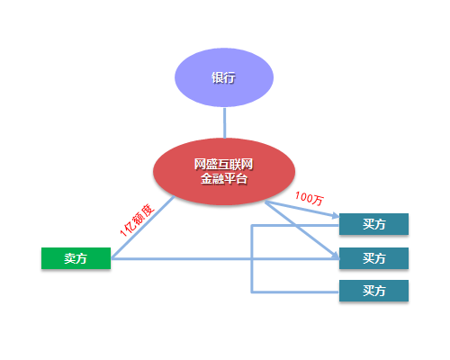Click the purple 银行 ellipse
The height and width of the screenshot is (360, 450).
click(224, 77)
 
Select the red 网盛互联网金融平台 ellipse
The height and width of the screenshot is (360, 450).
click(224, 171)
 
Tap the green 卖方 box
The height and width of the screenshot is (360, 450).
click(76, 258)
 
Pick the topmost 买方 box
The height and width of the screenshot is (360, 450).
click(373, 224)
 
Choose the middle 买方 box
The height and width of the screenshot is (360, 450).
click(373, 258)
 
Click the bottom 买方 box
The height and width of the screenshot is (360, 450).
click(373, 291)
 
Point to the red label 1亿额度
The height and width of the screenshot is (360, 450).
click(137, 220)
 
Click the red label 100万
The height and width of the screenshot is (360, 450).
click(310, 198)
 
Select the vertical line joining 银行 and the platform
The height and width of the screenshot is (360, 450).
click(224, 122)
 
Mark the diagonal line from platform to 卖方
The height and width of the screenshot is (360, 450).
click(143, 227)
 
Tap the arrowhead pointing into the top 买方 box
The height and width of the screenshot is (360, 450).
click(335, 215)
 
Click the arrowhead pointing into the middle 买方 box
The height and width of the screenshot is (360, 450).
click(335, 256)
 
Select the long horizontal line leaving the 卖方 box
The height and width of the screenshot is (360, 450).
click(225, 258)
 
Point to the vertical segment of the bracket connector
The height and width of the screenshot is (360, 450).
click(252, 258)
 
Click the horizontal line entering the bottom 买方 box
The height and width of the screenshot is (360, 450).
click(295, 292)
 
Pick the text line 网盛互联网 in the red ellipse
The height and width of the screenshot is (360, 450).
click(223, 165)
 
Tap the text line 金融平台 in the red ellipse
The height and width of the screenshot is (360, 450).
click(224, 179)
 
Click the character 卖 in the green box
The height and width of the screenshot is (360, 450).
click(69, 258)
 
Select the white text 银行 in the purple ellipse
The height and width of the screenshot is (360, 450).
click(223, 77)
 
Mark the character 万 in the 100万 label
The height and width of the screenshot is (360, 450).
click(318, 201)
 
